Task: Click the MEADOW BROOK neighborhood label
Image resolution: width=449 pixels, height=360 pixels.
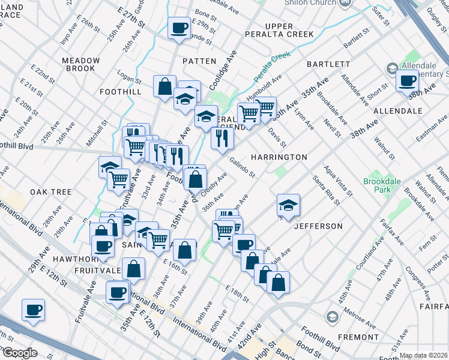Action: pos(80,64)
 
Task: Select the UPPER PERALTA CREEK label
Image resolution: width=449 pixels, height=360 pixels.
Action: pos(279,30)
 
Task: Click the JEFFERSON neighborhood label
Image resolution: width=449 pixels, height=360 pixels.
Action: pos(318,226)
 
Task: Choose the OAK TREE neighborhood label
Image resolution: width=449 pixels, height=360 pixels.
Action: pos(51,192)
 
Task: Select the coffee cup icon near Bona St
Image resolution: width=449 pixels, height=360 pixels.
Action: pos(178,28)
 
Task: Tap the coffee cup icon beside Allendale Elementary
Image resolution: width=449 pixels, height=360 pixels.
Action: pos(407,80)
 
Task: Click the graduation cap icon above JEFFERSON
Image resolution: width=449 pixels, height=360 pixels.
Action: pos(288,205)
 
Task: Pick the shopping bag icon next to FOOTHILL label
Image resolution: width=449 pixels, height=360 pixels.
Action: pos(164,86)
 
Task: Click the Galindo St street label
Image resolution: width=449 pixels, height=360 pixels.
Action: pos(242,167)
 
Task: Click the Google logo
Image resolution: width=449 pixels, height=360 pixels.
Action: pos(20,353)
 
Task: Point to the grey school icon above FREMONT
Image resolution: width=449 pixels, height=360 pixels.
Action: pos(331,316)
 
